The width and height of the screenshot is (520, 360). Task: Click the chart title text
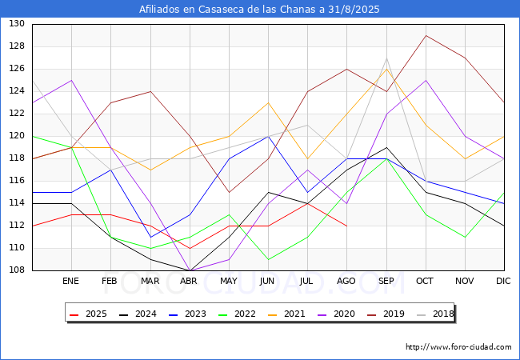click(x=259, y=10)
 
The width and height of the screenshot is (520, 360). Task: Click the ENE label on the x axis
click(x=71, y=282)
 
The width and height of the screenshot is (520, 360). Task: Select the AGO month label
click(x=346, y=282)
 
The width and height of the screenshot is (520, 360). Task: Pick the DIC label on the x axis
click(x=503, y=282)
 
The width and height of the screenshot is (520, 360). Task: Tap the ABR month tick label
click(x=189, y=282)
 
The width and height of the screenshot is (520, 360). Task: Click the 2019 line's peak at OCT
click(x=426, y=35)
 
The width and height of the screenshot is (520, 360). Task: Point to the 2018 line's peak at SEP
click(x=386, y=58)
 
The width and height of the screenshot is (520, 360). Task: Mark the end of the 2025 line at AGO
click(x=346, y=226)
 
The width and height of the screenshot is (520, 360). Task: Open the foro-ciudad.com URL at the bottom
click(x=458, y=347)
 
